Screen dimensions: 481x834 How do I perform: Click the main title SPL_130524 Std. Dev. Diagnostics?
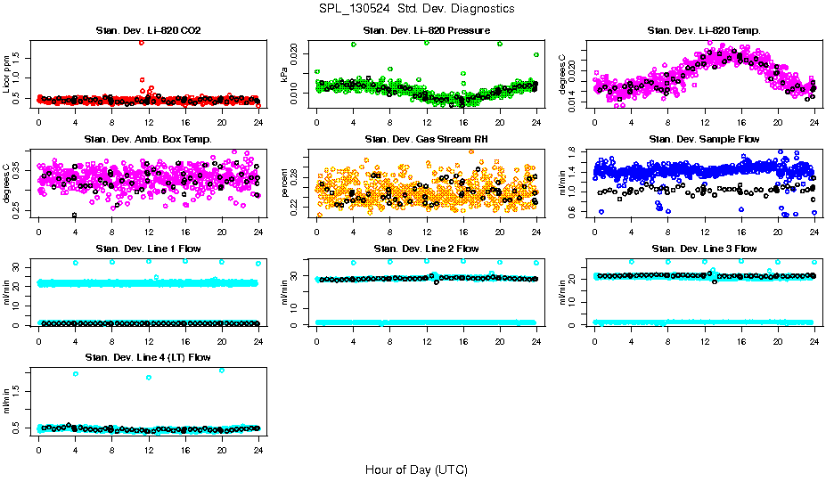(x=416, y=9)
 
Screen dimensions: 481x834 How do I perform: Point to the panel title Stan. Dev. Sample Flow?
(x=704, y=140)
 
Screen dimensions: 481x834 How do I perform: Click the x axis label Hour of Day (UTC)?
(x=416, y=469)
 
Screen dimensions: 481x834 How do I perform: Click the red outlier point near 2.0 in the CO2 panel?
(x=142, y=43)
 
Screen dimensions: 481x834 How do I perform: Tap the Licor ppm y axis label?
(x=7, y=73)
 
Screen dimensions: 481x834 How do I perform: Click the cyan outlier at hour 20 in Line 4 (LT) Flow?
(x=222, y=370)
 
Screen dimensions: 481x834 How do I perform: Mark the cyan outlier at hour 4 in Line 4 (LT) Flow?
(x=76, y=374)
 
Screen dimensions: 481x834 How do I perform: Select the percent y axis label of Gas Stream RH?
(x=285, y=183)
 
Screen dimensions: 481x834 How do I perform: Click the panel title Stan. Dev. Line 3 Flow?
(x=704, y=249)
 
